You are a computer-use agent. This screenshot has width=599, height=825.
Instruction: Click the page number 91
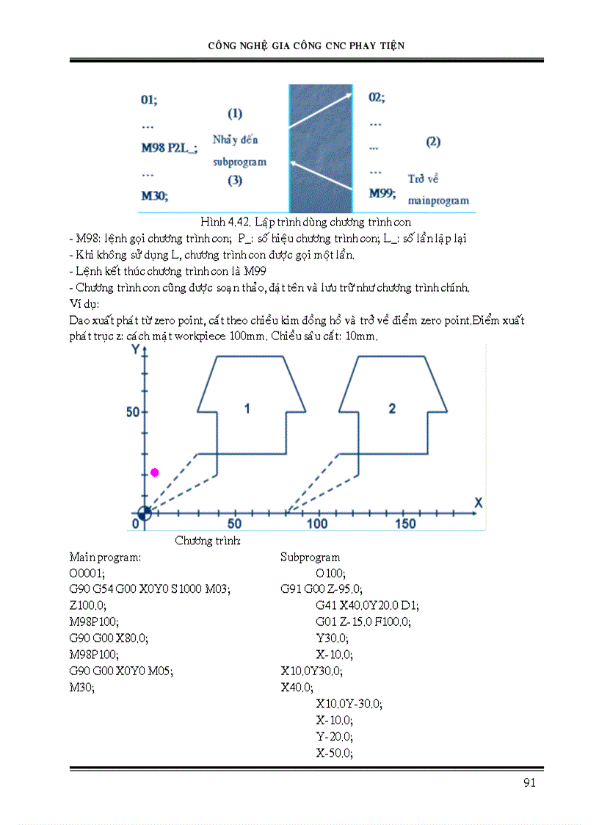529,782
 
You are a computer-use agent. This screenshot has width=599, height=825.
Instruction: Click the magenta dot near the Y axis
154,472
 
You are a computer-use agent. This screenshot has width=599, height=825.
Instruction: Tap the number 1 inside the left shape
247,408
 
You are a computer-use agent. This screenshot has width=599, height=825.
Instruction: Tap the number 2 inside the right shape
392,408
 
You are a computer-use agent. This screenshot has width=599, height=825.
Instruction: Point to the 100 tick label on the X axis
317,524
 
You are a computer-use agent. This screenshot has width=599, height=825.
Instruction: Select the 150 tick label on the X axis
405,524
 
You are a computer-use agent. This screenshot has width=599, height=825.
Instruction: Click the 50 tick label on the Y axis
132,412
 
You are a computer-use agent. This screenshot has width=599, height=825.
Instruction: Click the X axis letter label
478,502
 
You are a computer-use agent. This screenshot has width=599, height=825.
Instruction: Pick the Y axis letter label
135,350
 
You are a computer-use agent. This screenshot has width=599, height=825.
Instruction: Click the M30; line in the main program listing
81,687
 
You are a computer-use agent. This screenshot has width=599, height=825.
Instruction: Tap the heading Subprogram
310,558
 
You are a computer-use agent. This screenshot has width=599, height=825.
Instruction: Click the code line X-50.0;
334,753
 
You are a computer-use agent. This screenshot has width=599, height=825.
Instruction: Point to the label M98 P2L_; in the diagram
169,148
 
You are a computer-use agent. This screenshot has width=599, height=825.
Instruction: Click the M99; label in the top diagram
382,194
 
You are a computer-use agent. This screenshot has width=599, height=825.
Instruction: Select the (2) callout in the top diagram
433,142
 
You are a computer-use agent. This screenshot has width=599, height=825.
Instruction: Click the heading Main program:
105,558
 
